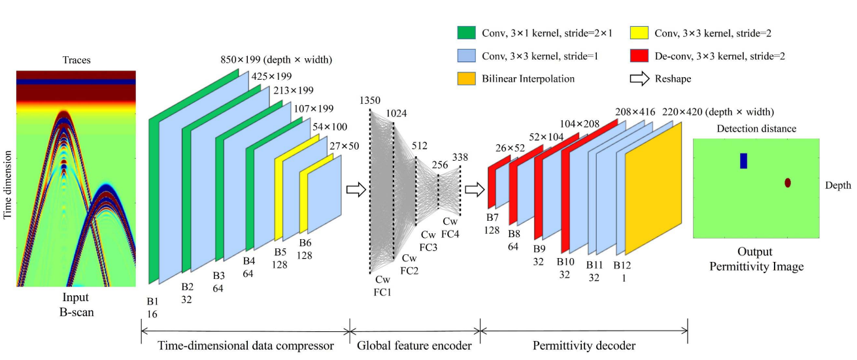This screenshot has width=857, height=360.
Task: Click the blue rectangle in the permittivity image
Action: (743, 161)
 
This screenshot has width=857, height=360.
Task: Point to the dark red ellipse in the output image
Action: (788, 183)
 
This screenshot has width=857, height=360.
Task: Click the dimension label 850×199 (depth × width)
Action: (277, 60)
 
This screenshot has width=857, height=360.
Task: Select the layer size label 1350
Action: (369, 100)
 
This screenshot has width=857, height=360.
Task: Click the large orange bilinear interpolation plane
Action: (653, 188)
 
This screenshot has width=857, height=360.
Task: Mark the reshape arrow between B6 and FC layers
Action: (355, 189)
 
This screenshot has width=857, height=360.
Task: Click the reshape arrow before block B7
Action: (474, 189)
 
